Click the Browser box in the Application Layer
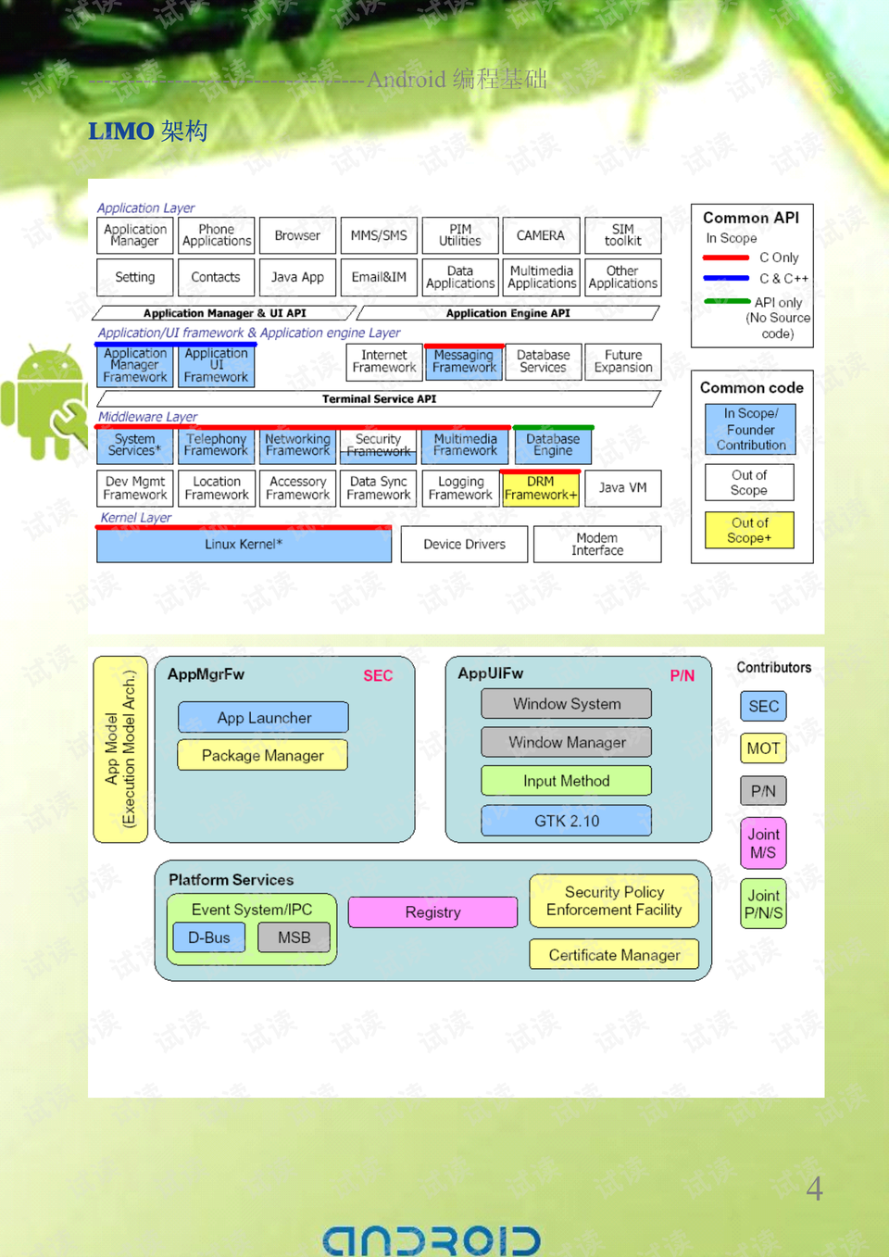tap(297, 235)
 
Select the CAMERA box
tap(541, 235)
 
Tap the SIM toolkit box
tap(622, 235)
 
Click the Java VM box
tap(622, 487)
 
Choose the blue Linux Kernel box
tap(244, 545)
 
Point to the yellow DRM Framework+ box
tap(541, 488)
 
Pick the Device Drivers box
tap(464, 545)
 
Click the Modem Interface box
tap(597, 545)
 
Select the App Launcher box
tap(264, 718)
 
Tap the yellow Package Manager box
tap(263, 756)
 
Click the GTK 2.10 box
tap(566, 821)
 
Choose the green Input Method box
tap(566, 781)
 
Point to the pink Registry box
tap(432, 912)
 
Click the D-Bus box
tap(209, 937)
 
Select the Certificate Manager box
tap(614, 955)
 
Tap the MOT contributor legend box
tap(763, 748)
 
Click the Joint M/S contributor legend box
tap(763, 843)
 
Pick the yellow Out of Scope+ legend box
tap(749, 531)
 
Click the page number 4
tap(814, 1188)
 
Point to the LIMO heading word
tap(121, 132)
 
